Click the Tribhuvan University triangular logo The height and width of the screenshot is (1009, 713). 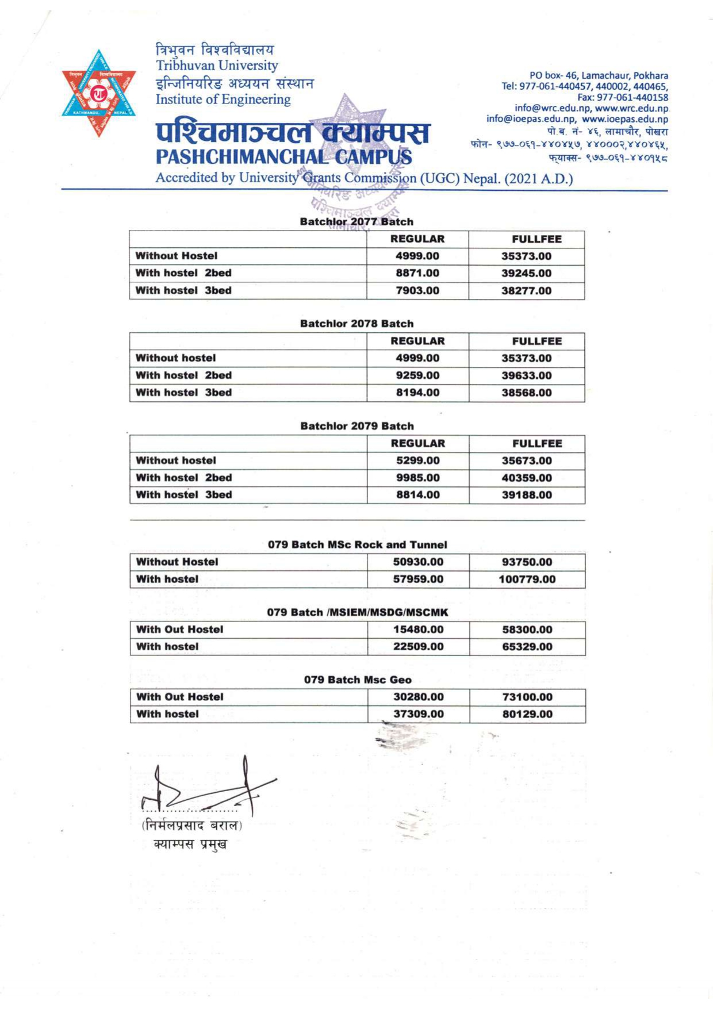click(x=99, y=93)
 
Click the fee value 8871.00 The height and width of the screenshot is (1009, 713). click(x=417, y=273)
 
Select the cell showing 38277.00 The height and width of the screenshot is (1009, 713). click(x=526, y=291)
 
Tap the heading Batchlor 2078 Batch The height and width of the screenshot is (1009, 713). click(x=356, y=324)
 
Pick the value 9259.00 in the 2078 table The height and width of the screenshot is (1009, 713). click(x=417, y=375)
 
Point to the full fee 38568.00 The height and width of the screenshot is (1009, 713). click(x=526, y=393)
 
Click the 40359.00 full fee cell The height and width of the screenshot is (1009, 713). click(x=527, y=478)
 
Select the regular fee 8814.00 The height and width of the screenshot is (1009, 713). click(x=418, y=495)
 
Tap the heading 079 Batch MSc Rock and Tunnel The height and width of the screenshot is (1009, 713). click(x=357, y=544)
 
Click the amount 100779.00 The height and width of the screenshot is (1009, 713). click(x=527, y=580)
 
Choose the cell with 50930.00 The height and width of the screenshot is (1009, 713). click(x=418, y=562)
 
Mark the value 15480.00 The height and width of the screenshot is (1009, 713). click(x=418, y=630)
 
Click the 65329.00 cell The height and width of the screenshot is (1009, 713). click(x=527, y=647)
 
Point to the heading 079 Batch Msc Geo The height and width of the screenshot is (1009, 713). click(x=358, y=680)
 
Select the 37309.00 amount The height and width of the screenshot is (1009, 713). click(x=418, y=714)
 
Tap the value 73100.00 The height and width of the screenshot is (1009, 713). click(x=527, y=697)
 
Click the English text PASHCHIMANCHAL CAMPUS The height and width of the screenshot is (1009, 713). click(x=283, y=157)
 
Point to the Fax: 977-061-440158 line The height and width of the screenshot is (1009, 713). click(x=623, y=97)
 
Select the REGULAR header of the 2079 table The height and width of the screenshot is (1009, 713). click(x=418, y=443)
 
